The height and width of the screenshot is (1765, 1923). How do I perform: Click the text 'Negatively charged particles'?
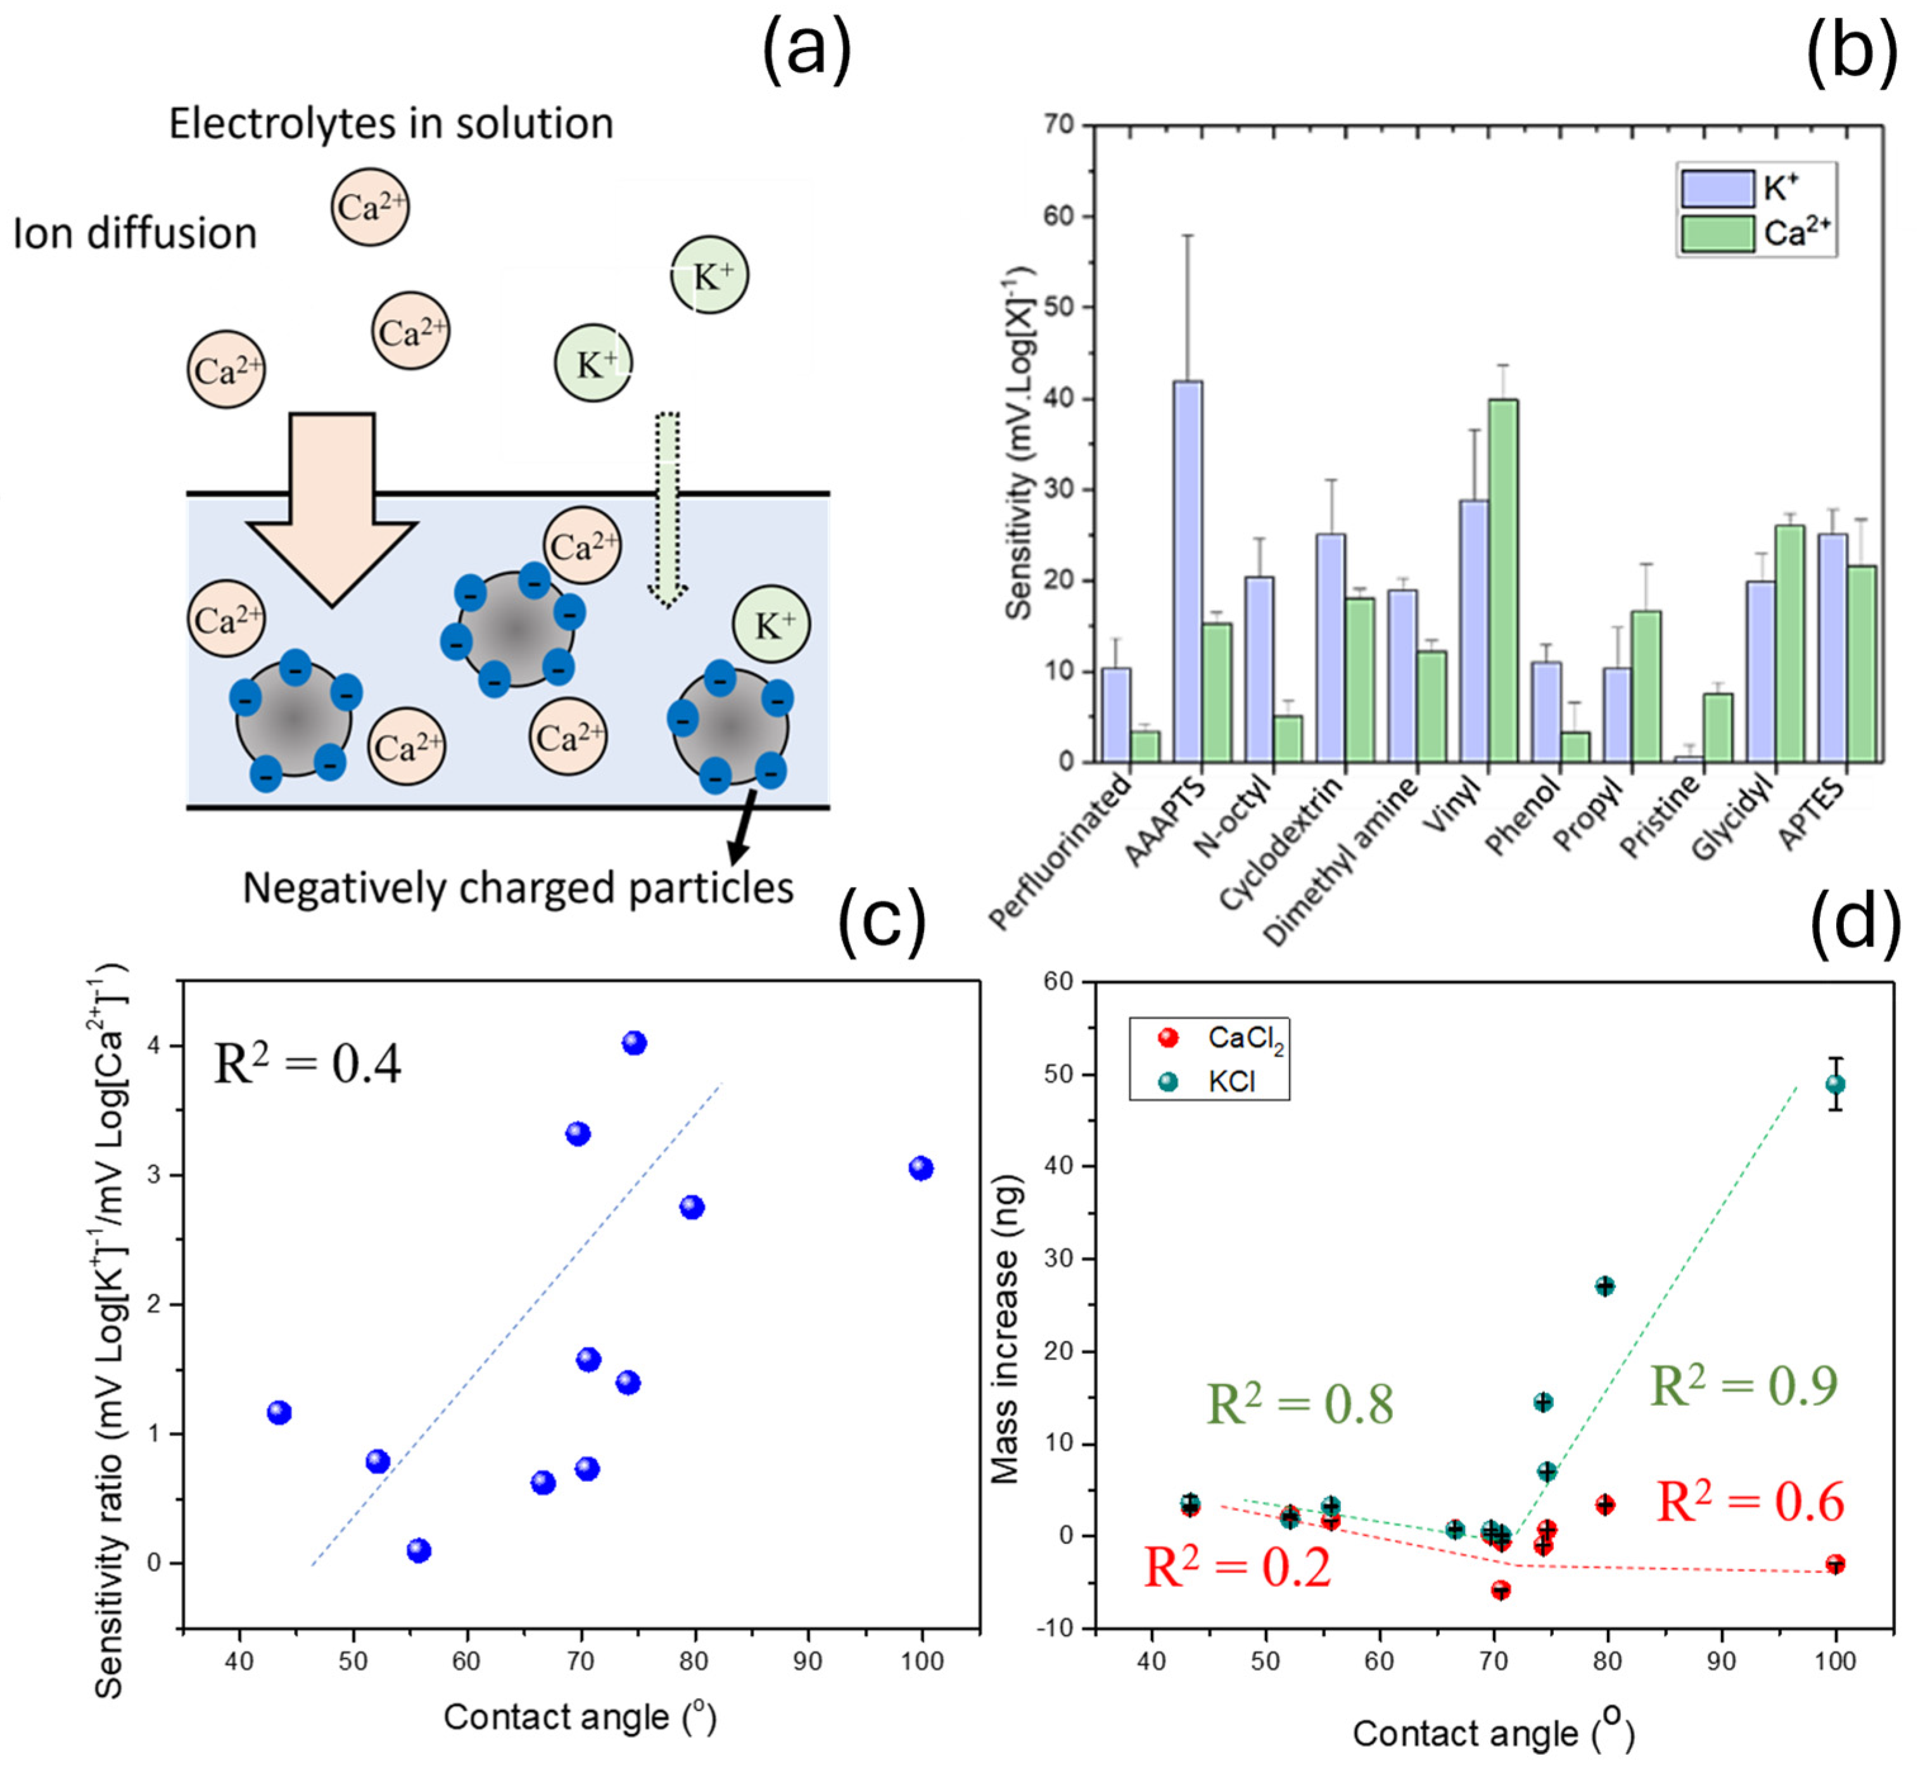click(519, 888)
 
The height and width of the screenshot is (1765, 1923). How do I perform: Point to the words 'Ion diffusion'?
click(136, 234)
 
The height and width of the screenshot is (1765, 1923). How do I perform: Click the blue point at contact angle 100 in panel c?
click(920, 1168)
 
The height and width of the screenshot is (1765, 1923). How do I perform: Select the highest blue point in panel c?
click(634, 1043)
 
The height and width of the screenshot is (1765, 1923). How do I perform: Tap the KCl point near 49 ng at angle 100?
click(1834, 1084)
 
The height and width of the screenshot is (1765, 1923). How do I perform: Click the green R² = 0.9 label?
click(1744, 1386)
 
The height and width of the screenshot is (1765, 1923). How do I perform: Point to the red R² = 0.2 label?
click(1238, 1568)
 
